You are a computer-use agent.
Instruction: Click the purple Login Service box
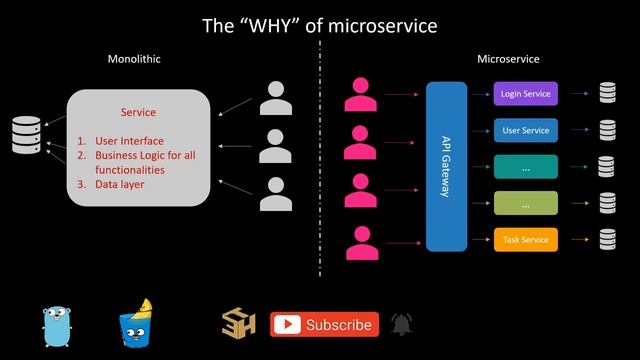point(525,94)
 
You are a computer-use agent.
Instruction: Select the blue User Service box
point(525,130)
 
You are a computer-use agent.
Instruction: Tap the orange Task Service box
point(525,240)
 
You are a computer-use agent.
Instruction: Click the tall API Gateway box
point(446,166)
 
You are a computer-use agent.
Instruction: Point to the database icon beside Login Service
point(607,94)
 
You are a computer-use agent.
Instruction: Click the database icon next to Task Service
point(607,240)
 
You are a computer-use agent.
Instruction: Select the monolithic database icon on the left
point(26,135)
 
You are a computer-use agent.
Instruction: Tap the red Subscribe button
point(325,324)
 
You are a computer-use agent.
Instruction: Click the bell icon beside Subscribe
point(401,324)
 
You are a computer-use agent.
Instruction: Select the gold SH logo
point(239,324)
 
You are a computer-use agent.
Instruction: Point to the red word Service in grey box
point(138,112)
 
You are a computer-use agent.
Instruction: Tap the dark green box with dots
point(525,167)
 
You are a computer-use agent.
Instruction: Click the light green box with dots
point(525,204)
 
